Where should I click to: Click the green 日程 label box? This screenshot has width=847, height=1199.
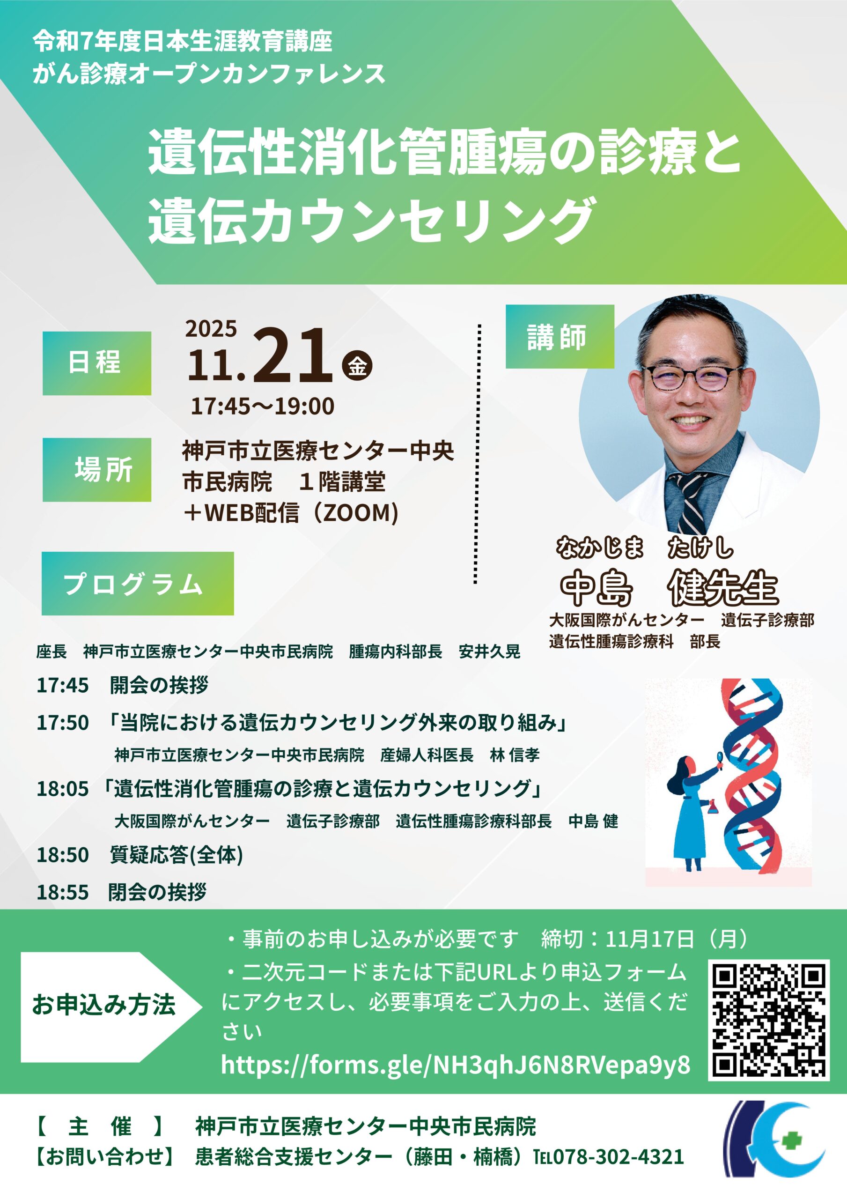[x=97, y=363]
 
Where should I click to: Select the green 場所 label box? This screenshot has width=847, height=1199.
[x=97, y=469]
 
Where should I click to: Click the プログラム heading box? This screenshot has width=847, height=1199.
[x=138, y=583]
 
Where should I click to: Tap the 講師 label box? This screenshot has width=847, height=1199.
[x=560, y=336]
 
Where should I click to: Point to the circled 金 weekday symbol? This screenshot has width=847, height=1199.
[x=357, y=365]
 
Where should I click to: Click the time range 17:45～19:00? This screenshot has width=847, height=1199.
[x=262, y=406]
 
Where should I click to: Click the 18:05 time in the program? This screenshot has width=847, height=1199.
[x=63, y=789]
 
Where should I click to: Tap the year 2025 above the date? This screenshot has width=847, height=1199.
[x=211, y=328]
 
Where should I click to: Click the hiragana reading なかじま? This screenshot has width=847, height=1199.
[x=599, y=548]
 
